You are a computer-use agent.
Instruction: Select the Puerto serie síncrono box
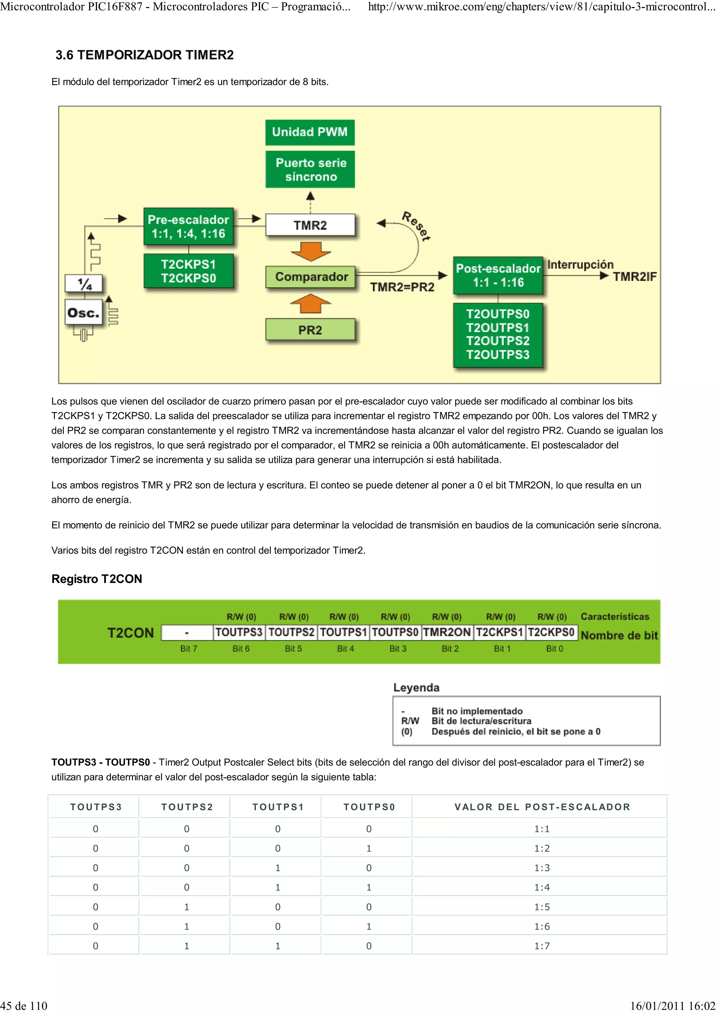coord(310,170)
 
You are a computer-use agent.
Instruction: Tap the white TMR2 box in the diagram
coord(310,225)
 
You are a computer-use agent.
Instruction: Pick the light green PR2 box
coord(310,330)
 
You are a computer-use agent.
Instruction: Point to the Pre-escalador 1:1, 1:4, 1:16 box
coord(188,227)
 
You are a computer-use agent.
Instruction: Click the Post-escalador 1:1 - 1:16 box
coord(498,275)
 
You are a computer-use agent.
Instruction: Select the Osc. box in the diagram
coord(83,313)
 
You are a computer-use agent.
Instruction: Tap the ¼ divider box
coord(84,283)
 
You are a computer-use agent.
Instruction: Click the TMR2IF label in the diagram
coord(635,276)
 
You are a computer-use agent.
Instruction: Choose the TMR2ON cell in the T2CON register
coord(447,632)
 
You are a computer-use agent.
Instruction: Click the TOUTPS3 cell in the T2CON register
coord(239,632)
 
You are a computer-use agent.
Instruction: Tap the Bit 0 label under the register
coord(554,648)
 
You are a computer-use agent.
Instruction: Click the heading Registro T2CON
coord(96,579)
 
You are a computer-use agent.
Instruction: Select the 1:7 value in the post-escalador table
coord(542,946)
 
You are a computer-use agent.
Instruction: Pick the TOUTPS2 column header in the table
coord(187,807)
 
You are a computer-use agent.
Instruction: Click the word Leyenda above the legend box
coord(416,687)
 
